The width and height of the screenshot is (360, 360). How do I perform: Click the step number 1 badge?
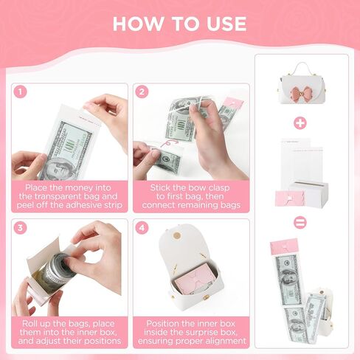(x=20, y=91)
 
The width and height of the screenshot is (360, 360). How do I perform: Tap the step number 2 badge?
(x=142, y=91)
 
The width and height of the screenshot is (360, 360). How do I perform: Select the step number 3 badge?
(x=20, y=227)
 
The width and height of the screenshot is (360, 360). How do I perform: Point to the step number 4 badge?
(x=142, y=227)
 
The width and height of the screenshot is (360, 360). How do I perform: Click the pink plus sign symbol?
(x=300, y=122)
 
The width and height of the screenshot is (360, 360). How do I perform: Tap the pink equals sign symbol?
(x=300, y=222)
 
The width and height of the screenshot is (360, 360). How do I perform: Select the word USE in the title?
(x=226, y=24)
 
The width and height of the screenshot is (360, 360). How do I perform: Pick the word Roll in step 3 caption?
(x=30, y=324)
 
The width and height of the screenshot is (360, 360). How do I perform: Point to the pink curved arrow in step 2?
(x=170, y=143)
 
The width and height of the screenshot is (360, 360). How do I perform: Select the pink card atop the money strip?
(x=285, y=246)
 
